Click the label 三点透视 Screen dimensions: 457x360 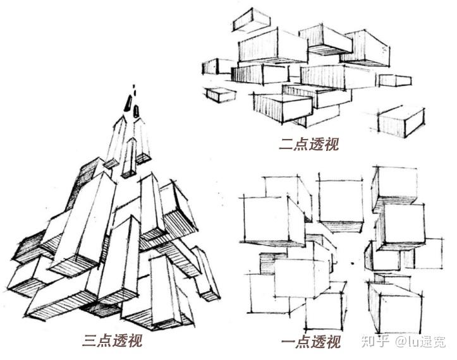[x=113, y=341]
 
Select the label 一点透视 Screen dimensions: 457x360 [x=311, y=342]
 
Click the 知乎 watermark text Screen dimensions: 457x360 [x=375, y=341]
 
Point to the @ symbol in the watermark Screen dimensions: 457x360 [x=401, y=341]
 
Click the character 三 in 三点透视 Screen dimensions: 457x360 [x=90, y=341]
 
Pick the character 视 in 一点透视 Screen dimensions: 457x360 [x=334, y=342]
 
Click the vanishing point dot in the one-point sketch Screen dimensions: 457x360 [x=352, y=263]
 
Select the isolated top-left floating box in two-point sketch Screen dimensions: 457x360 [x=251, y=20]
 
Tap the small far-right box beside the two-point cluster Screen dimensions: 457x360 [x=395, y=80]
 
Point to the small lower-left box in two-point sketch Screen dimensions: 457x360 [x=220, y=95]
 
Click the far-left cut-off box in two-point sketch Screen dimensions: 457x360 [x=214, y=67]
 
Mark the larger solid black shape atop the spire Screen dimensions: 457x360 [x=128, y=104]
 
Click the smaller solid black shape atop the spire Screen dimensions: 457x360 [x=137, y=111]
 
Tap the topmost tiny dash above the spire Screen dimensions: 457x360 [x=134, y=87]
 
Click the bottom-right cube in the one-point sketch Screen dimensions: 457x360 [x=395, y=309]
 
